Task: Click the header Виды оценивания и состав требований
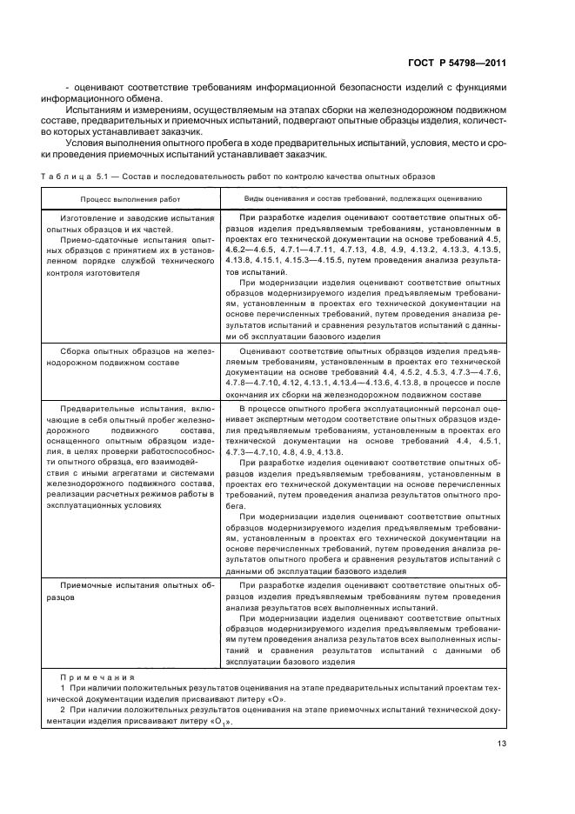pos(364,199)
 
